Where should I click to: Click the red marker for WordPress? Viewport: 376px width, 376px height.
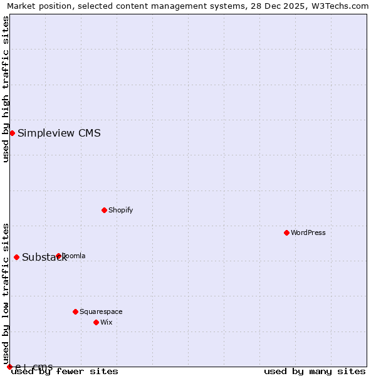[286, 232]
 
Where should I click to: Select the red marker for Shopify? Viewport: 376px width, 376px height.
[104, 210]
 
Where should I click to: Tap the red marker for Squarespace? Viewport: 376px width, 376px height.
[75, 311]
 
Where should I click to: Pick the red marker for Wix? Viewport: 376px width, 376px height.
[96, 322]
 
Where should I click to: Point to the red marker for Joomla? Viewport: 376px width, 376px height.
[58, 256]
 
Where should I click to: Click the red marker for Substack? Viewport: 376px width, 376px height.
[16, 257]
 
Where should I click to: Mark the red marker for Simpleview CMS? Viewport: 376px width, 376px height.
[12, 133]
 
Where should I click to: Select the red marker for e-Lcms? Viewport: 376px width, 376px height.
[9, 367]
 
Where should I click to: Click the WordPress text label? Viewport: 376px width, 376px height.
[308, 232]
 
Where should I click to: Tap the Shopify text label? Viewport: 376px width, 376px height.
[121, 210]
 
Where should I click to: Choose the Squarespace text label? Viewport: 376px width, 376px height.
[101, 311]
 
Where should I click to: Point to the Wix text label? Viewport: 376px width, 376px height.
[107, 322]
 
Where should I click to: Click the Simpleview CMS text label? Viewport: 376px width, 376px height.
[59, 133]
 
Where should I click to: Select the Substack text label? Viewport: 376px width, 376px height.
[44, 257]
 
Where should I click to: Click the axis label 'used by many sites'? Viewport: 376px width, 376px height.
[315, 371]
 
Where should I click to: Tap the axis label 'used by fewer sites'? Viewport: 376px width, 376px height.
[65, 371]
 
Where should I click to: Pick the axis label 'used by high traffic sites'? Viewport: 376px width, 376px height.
[6, 89]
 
